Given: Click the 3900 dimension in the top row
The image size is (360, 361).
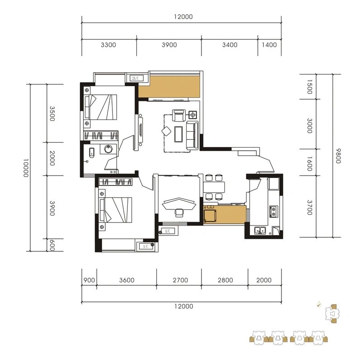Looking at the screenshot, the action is coord(169,45).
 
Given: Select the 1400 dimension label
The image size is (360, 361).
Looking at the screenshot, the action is coord(269,45).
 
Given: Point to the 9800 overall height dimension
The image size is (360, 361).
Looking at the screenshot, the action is coord(338,156).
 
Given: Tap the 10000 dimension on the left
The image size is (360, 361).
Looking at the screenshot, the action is coord(26,167).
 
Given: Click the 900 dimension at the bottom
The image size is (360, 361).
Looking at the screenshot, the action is coord(89,280).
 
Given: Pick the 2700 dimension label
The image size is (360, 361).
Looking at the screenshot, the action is coord(181,280).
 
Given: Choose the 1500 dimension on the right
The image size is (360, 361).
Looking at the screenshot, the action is coord(309,87).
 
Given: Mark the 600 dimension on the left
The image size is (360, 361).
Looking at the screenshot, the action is coord(52,245).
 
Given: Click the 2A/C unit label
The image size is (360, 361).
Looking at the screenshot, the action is coord(136,78).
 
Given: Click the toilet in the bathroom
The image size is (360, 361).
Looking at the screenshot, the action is coord(92,153).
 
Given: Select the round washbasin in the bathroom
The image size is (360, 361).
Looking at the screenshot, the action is coord(108,149).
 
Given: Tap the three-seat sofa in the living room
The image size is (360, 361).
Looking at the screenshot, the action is coord(192,135).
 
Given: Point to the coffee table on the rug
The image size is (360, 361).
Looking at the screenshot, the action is coord(178,134).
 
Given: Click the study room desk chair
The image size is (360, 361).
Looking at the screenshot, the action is coord(179,213).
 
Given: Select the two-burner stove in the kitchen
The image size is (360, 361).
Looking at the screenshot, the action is coord(273,212).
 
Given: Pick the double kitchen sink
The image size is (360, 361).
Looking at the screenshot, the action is coord(260,230).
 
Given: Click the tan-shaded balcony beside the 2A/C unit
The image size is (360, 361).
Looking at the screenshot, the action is coord(169,87).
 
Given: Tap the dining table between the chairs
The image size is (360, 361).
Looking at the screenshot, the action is coord(214,187).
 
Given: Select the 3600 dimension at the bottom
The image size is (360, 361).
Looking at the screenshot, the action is coord(127,280).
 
